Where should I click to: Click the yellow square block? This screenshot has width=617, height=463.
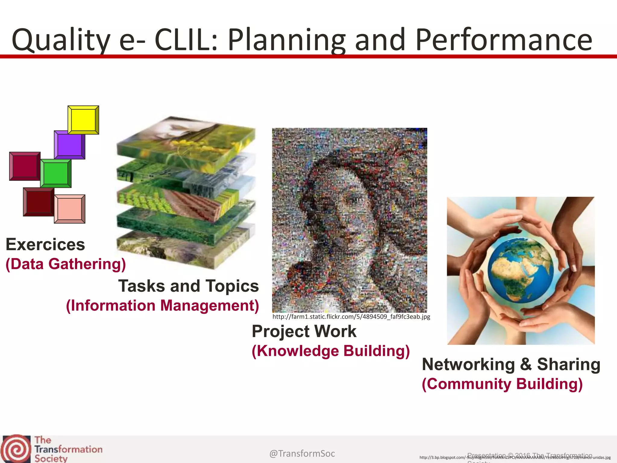(83, 120)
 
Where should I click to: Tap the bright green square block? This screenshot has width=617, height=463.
(56, 173)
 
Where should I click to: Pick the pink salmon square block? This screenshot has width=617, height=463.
(70, 209)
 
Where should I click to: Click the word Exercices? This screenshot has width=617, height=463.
(45, 244)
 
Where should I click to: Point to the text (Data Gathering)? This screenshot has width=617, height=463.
(66, 264)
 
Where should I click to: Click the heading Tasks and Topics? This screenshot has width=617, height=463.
(188, 286)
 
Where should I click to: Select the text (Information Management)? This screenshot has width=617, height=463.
(162, 305)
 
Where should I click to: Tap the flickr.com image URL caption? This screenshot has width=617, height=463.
(351, 317)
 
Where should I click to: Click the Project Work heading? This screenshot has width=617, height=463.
(304, 331)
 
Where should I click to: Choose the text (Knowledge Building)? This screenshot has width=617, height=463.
(330, 351)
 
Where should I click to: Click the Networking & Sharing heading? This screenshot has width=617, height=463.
(511, 364)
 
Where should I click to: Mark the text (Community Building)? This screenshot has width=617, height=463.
(502, 384)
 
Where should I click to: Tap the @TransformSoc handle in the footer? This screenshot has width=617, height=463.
(302, 453)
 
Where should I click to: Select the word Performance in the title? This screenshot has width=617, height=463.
(504, 40)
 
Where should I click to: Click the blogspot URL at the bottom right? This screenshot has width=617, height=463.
(515, 458)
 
